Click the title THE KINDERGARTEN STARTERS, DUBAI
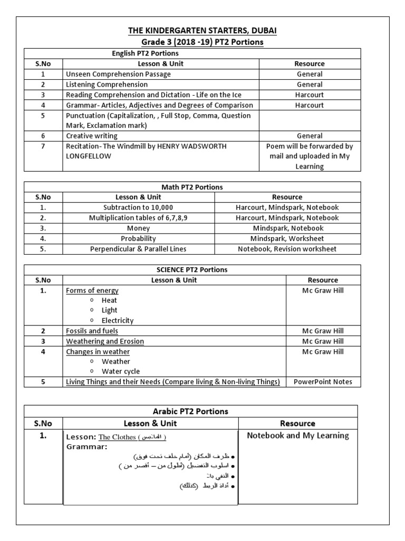tap(203, 31)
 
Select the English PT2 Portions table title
tap(145, 53)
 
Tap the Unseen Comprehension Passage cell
tap(118, 74)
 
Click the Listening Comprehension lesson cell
tap(107, 85)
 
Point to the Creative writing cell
tap(92, 136)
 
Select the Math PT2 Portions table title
tap(192, 187)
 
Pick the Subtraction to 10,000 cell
tap(138, 208)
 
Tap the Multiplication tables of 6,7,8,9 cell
tap(138, 218)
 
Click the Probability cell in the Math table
tap(138, 239)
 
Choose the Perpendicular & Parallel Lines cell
tap(138, 249)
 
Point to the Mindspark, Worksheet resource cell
tap(287, 239)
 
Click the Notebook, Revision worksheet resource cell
tap(287, 249)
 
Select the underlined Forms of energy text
tap(92, 291)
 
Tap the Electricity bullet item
tap(117, 321)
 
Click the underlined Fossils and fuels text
tap(92, 331)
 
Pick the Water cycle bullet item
tap(121, 371)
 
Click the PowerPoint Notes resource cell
tap(323, 382)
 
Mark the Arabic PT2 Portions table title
tap(191, 412)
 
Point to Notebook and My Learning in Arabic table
tap(298, 436)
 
